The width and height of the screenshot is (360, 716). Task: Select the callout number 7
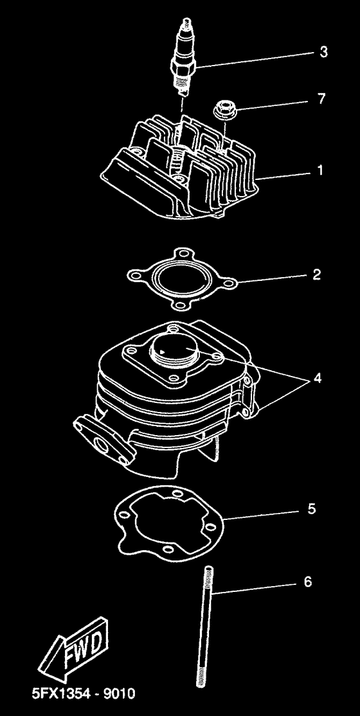[321, 99]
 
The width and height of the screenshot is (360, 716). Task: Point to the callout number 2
[316, 275]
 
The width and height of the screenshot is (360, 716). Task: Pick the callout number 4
[317, 379]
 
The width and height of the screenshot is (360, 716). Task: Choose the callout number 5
[311, 509]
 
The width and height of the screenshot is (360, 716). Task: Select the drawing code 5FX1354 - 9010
[84, 694]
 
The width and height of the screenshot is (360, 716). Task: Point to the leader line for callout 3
[257, 59]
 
